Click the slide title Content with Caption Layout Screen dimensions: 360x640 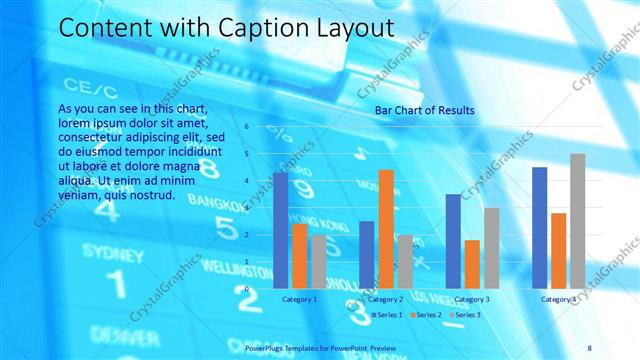click(x=226, y=27)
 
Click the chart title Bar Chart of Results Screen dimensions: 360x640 click(x=424, y=109)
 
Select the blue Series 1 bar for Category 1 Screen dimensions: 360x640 click(x=281, y=229)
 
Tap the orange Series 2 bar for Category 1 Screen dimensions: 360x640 click(x=300, y=255)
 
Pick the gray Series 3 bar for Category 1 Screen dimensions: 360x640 click(x=318, y=261)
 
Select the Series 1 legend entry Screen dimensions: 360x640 click(x=385, y=315)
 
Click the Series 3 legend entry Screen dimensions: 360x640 click(x=464, y=315)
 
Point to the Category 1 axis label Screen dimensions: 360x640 click(x=300, y=299)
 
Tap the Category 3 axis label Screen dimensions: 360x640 click(x=472, y=299)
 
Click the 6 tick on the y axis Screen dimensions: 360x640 click(x=246, y=127)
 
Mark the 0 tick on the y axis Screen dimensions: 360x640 click(x=246, y=289)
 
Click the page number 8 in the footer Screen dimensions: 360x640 click(x=589, y=347)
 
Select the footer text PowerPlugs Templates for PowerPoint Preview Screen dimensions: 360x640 click(x=320, y=347)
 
